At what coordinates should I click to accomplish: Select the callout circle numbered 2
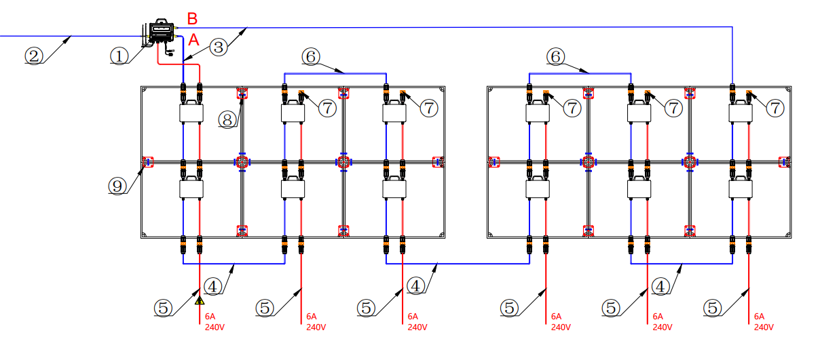click(34, 55)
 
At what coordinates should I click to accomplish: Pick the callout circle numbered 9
click(117, 185)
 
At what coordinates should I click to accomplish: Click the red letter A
click(193, 41)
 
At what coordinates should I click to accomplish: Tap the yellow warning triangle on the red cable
click(200, 300)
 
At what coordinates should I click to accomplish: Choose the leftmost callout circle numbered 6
click(310, 58)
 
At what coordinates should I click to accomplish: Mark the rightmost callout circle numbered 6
click(556, 58)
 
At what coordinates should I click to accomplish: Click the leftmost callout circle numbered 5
click(163, 308)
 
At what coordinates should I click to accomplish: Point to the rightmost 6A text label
click(759, 317)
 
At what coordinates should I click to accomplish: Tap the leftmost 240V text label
click(215, 327)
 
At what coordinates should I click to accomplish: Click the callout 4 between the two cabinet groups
click(417, 286)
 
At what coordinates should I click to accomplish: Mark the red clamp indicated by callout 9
click(147, 162)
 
